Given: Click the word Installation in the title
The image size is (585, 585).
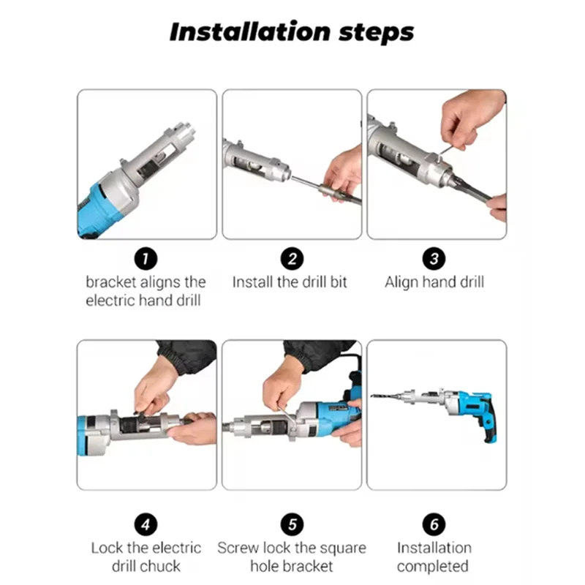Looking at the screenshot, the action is point(250,31).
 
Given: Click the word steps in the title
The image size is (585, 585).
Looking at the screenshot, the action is point(376,33).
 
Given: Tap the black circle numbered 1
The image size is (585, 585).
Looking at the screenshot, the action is point(146,259).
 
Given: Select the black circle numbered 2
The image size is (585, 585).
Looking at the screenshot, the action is point(292,259).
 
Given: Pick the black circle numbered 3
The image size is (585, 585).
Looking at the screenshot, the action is point(434,259).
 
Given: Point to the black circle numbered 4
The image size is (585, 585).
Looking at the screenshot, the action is point(146,524).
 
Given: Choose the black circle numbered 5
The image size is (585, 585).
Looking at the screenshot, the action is point(292,524).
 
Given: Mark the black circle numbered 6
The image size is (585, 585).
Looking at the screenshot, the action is point(434,524).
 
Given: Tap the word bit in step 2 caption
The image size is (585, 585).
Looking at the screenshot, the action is point(339,282).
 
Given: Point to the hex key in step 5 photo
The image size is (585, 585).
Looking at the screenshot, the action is point(287,418).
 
